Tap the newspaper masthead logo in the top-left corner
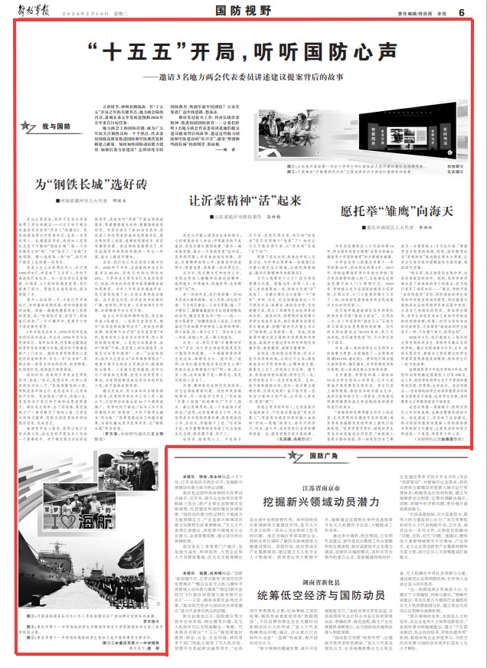coord(31,11)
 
